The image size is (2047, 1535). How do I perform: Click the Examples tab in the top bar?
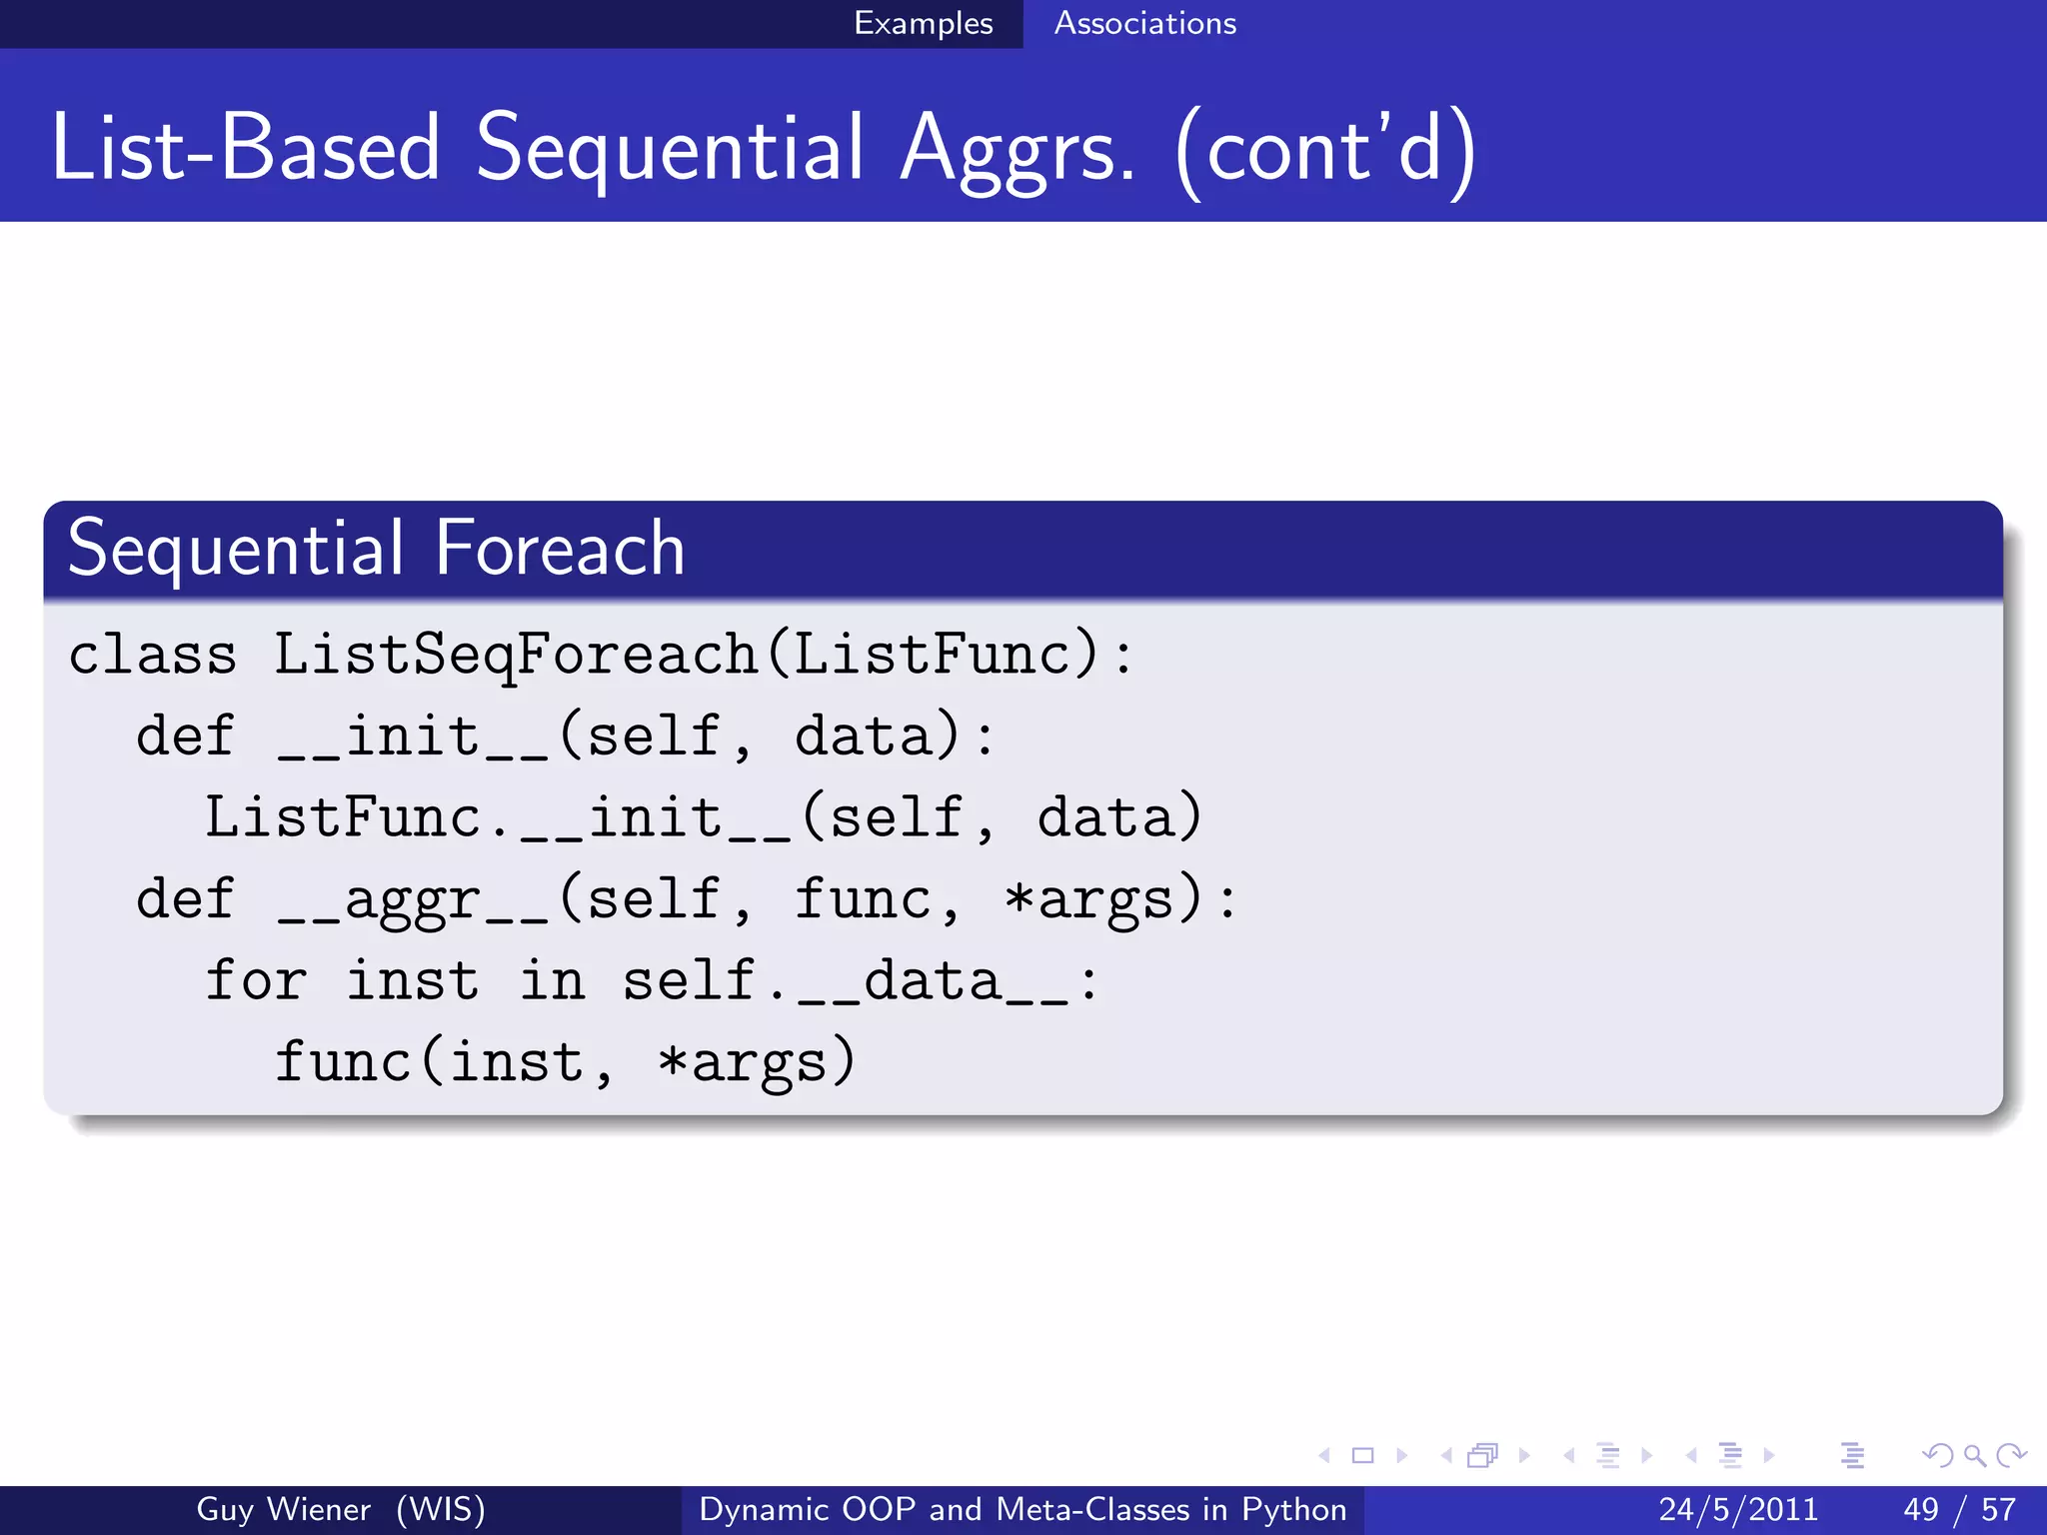coord(923,23)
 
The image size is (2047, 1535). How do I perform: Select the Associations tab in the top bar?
coord(1144,23)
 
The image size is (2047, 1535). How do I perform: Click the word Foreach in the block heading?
coord(560,549)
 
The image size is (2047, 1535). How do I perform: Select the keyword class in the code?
coord(152,656)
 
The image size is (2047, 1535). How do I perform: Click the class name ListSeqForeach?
coord(516,656)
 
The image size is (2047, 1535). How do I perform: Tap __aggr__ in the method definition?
coord(413,899)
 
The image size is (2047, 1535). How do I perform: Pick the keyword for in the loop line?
coord(256,980)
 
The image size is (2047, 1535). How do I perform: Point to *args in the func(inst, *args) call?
coord(743,1062)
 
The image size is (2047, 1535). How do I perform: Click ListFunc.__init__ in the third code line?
coord(498,818)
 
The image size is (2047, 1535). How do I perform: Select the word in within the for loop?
coord(552,980)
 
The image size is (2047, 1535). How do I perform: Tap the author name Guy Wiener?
coord(283,1509)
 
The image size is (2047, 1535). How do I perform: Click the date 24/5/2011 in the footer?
coord(1738,1509)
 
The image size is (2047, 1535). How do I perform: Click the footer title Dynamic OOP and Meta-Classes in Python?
coord(1023,1509)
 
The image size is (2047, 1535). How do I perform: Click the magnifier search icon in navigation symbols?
coord(1974,1456)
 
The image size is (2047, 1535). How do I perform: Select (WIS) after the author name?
coord(441,1509)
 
